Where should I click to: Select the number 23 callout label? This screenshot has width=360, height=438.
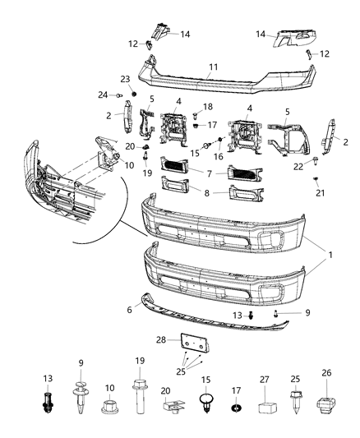click(126, 79)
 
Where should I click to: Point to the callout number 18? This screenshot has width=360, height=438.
click(207, 107)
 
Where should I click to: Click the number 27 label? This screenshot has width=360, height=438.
click(265, 380)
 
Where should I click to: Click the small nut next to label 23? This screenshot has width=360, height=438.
click(126, 91)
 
